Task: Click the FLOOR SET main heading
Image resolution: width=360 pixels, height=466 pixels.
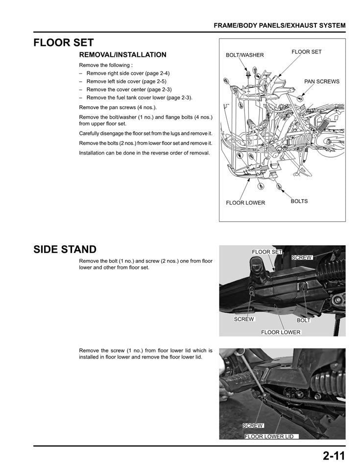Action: coord(63,43)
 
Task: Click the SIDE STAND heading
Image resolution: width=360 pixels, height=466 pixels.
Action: coord(65,250)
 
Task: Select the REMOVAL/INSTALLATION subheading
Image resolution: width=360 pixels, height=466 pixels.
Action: coord(122,55)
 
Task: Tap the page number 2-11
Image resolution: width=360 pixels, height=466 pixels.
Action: coord(334,456)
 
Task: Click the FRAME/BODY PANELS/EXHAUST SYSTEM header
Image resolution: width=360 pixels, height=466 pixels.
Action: coord(280,25)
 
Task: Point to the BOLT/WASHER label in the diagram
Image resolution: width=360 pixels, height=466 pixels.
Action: coord(244,55)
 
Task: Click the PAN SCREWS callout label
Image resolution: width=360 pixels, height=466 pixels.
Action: coord(321,82)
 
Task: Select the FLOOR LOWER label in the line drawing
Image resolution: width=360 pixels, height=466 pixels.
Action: coord(245,203)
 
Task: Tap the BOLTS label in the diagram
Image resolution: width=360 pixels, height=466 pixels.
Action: coord(299,201)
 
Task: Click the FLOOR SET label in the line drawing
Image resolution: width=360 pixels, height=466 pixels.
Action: coord(306,52)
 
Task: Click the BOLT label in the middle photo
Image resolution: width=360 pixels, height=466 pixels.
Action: coord(304,320)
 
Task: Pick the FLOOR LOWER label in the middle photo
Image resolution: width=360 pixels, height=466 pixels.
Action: coord(281,332)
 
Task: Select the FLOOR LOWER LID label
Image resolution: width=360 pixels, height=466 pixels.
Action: coord(269,436)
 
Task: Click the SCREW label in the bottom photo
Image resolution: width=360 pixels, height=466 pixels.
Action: coord(253,426)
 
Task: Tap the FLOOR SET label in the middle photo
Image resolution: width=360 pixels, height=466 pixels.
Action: coord(267,252)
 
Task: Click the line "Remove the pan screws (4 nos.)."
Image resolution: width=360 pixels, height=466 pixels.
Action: coord(118,107)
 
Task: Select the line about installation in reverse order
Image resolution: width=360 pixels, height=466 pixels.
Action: coord(144,153)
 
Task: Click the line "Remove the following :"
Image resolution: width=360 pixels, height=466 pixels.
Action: coord(105,65)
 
